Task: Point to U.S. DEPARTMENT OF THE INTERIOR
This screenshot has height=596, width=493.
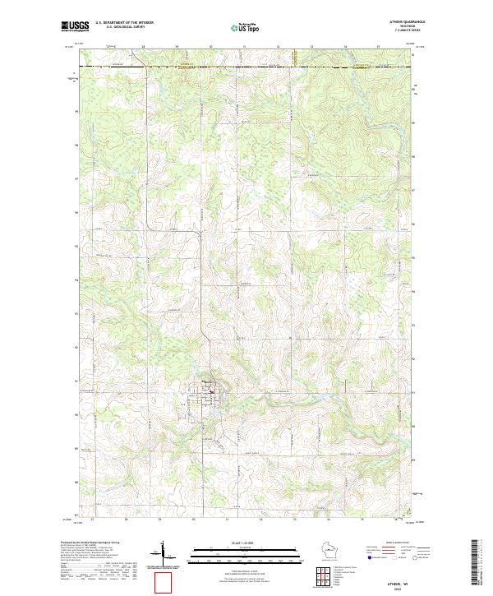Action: pos(126,22)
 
